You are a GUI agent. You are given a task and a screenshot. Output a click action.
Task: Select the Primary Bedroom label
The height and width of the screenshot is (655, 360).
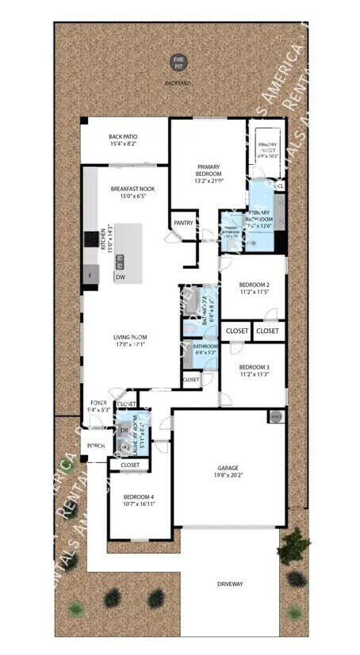209,170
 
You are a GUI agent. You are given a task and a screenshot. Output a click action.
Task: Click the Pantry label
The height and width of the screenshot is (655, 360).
183,224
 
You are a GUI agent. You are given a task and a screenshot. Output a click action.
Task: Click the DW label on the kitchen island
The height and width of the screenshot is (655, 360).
120,278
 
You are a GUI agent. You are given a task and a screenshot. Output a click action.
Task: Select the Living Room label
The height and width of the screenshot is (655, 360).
130,337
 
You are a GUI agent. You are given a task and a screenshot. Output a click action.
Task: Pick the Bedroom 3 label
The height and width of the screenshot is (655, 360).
255,366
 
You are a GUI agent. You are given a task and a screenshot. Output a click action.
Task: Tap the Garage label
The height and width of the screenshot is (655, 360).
228,468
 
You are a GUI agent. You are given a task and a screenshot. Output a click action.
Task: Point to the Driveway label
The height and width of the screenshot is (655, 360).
230,584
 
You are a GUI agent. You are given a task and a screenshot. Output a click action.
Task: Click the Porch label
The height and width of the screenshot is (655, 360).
97,446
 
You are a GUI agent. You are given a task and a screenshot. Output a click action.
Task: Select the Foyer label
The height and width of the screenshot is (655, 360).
99,403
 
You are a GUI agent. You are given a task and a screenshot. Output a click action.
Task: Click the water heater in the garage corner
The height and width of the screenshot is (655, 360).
275,416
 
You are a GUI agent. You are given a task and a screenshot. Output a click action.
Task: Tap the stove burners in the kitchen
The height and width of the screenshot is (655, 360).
90,237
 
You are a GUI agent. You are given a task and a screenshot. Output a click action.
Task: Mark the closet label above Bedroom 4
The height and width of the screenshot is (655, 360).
130,465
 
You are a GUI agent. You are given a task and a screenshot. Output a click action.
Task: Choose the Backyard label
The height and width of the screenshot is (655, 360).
178,80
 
